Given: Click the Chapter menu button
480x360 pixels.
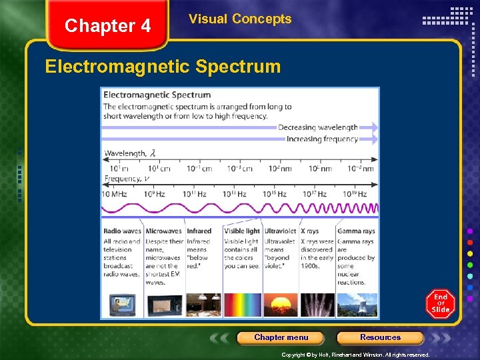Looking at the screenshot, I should [281, 337].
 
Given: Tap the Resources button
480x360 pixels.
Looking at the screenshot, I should [380, 337].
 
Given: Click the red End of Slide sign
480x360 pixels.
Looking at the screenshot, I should [440, 303].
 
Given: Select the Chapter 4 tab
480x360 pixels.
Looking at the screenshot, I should [108, 26].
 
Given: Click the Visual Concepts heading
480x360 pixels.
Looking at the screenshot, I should [240, 19].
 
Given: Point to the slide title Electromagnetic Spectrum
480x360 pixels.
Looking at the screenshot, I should [163, 67].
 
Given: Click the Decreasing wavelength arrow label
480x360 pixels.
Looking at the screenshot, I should [318, 127].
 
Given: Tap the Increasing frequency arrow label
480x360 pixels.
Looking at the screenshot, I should [322, 139].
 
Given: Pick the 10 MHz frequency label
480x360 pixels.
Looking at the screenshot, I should [114, 194].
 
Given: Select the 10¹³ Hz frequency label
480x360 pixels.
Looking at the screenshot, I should [234, 194].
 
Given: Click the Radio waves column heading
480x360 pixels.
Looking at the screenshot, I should [123, 231].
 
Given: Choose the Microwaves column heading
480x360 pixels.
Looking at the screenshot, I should [164, 231].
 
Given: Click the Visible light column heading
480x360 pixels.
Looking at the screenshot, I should [242, 231].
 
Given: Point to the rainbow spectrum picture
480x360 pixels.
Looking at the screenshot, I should [243, 304].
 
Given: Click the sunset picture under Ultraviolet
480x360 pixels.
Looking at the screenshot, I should [281, 304].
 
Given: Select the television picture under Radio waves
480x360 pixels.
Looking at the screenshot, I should [123, 304].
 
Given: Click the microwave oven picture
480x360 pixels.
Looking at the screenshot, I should [164, 304].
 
